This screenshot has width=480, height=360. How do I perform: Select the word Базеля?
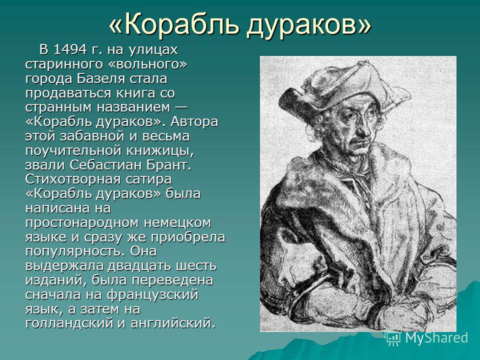point(100,79)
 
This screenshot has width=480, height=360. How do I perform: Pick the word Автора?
point(194,121)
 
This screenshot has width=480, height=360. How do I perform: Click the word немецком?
point(178,222)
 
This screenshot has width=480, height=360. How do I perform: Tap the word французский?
point(152,295)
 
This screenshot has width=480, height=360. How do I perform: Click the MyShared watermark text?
point(437,338)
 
